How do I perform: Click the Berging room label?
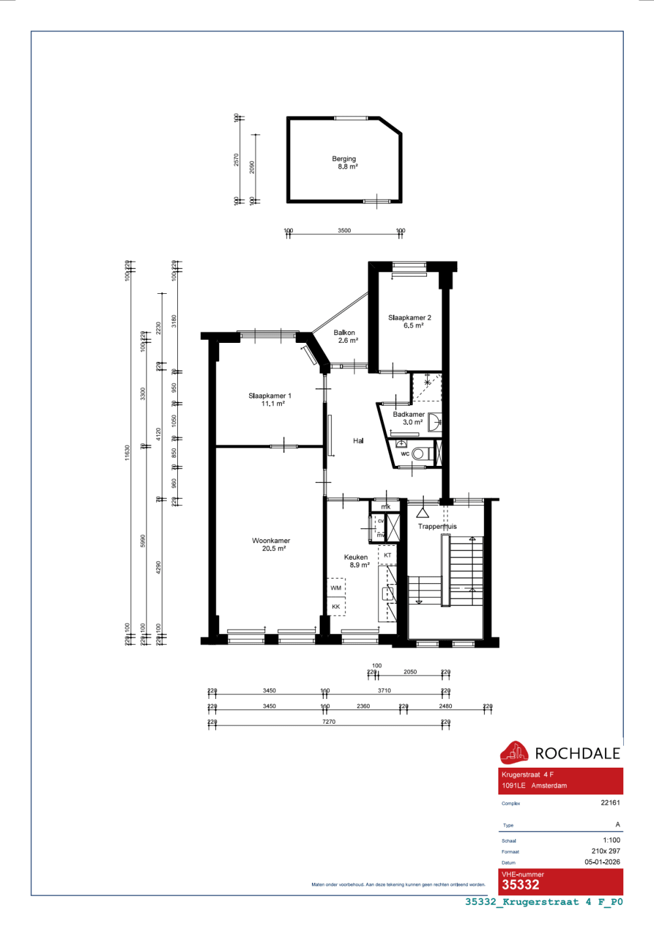coord(344,162)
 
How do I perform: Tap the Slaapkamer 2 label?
coord(409,321)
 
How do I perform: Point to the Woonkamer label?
coord(271,544)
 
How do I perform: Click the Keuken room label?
coord(356,561)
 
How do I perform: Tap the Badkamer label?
coord(409,418)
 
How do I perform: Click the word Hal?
coord(358,441)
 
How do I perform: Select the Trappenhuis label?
coord(437,526)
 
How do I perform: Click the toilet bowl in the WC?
coord(419,454)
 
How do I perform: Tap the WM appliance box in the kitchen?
coord(336,588)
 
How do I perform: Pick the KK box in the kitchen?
coord(336,607)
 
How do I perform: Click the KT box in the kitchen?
coord(388,555)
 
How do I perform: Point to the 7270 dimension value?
coord(329,722)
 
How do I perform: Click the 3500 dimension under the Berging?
coord(344,230)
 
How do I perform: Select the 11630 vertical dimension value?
coord(128,453)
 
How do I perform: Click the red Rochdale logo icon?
coord(514,753)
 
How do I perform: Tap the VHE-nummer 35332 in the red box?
coord(521,885)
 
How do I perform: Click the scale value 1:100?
coord(611,840)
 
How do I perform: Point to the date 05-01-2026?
coord(602,862)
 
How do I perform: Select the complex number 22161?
coord(610,802)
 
